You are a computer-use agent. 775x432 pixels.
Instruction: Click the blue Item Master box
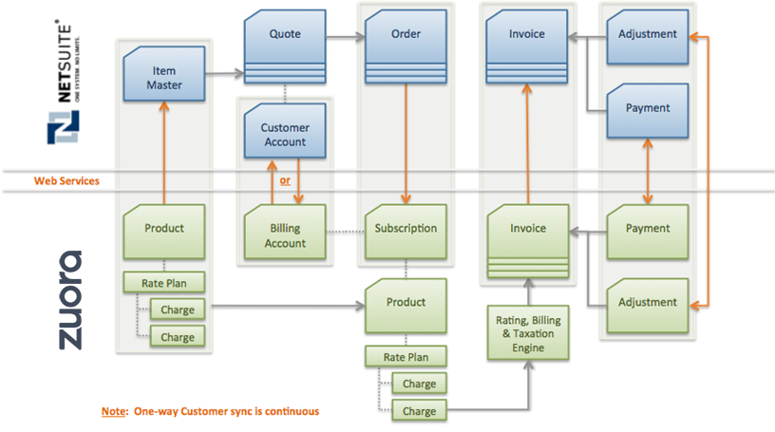pyautogui.click(x=165, y=78)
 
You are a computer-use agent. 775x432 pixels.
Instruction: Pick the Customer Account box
pyautogui.click(x=285, y=134)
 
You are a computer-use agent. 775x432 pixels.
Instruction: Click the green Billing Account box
pyautogui.click(x=285, y=235)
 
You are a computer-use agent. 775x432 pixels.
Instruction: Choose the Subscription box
pyautogui.click(x=406, y=229)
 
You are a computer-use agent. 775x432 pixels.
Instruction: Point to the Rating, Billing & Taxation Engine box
pyautogui.click(x=529, y=333)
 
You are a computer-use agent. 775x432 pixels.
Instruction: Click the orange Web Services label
pyautogui.click(x=66, y=180)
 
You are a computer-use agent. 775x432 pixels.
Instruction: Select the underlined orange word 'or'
pyautogui.click(x=285, y=180)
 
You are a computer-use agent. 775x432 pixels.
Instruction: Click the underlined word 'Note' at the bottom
pyautogui.click(x=114, y=412)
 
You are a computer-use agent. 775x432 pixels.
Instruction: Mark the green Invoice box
pyautogui.click(x=528, y=229)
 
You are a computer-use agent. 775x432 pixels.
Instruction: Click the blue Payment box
pyautogui.click(x=648, y=108)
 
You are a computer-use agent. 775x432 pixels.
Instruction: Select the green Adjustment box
pyautogui.click(x=648, y=303)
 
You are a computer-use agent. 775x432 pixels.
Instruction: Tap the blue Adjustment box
pyautogui.click(x=648, y=35)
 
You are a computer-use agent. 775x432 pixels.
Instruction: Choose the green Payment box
pyautogui.click(x=648, y=229)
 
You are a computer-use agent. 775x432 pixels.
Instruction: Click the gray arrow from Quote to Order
pyautogui.click(x=346, y=36)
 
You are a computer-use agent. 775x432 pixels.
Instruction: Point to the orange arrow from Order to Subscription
pyautogui.click(x=406, y=142)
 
